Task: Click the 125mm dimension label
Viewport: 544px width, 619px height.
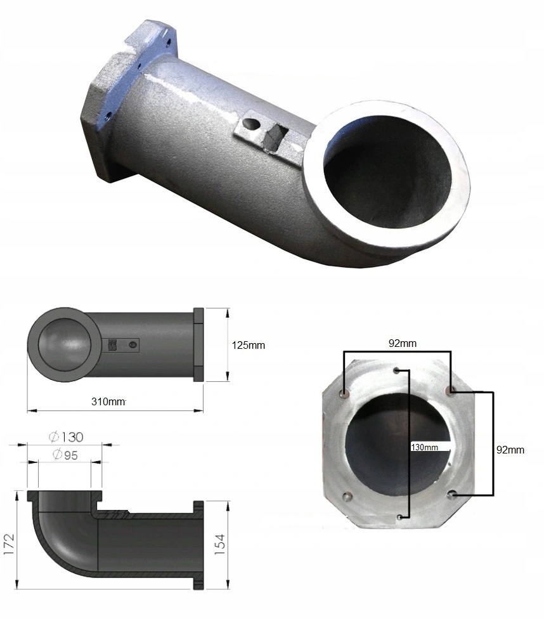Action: pos(248,346)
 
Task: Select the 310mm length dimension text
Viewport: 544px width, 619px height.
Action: pos(108,401)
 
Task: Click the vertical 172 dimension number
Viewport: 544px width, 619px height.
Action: pos(10,544)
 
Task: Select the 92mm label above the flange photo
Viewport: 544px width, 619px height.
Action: pos(403,344)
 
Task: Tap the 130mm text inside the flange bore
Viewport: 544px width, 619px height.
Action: pos(425,447)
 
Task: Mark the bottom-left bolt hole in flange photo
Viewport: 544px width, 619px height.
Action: pos(346,497)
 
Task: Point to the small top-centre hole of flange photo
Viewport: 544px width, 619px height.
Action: pos(396,369)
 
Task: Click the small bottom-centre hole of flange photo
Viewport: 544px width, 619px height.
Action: pos(399,518)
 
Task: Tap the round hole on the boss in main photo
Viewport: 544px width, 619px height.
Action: pos(252,122)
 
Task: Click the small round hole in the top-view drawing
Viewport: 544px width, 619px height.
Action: pos(133,345)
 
